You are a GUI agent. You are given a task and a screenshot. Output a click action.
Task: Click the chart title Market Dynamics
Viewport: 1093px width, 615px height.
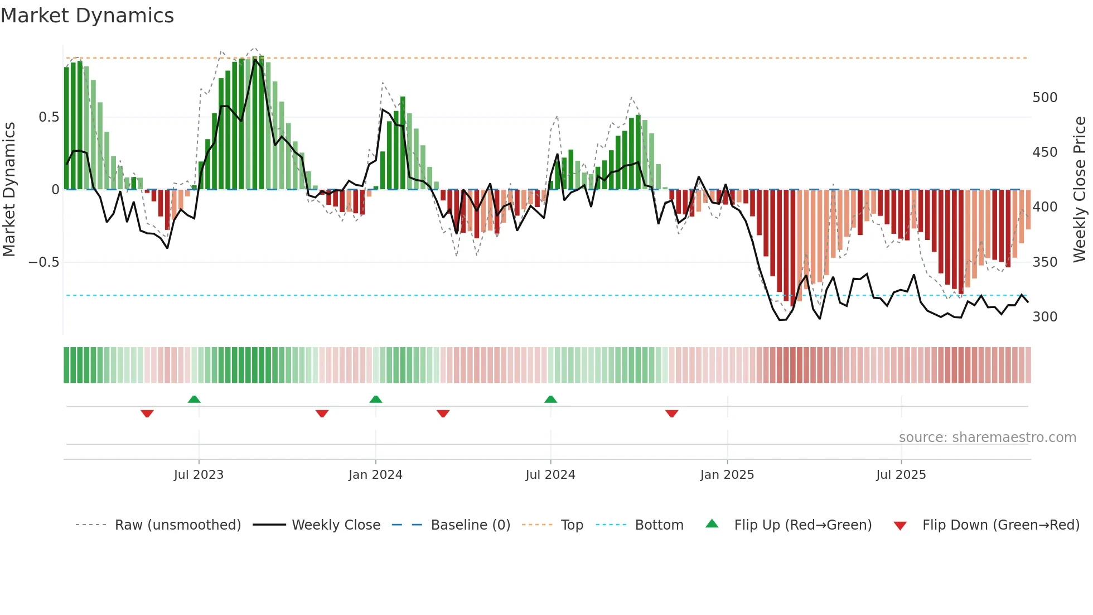tap(88, 16)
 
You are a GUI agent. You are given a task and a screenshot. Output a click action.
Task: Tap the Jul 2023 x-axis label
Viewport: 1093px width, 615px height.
tap(199, 475)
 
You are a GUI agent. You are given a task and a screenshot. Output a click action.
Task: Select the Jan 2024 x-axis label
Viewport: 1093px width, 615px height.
tap(375, 475)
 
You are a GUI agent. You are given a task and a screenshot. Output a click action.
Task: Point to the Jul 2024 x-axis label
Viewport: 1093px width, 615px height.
tap(550, 475)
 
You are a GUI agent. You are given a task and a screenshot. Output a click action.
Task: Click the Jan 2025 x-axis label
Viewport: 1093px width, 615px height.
tap(727, 475)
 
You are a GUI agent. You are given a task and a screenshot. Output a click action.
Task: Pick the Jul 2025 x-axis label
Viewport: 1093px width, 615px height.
tap(901, 475)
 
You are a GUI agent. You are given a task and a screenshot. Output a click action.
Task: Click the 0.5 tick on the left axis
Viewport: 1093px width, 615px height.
tap(49, 117)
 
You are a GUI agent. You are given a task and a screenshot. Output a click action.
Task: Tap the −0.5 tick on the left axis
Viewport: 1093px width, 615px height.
tap(44, 262)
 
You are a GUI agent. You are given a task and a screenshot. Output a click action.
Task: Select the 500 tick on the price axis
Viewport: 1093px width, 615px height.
tap(1045, 98)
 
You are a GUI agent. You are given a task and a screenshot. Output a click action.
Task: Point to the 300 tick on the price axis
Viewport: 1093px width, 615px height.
tap(1045, 317)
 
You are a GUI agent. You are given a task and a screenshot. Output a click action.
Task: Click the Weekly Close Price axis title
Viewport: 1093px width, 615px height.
tap(1080, 190)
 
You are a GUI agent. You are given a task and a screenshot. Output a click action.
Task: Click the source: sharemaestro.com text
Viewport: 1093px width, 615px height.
tap(987, 438)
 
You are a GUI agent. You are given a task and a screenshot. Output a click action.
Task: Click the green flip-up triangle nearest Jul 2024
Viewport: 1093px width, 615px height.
tap(550, 399)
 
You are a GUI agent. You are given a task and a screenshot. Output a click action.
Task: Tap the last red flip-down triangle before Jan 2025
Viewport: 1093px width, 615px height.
tap(671, 414)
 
